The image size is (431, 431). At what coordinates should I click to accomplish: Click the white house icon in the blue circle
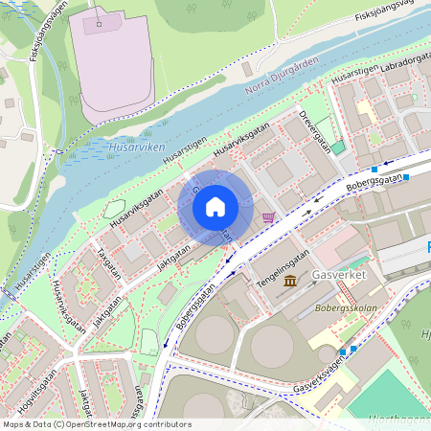[x=215, y=206]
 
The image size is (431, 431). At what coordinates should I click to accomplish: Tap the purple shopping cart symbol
[x=268, y=217]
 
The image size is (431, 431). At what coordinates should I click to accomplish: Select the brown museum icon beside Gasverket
[x=289, y=280]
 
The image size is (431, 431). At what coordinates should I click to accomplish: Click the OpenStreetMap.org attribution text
[x=126, y=424]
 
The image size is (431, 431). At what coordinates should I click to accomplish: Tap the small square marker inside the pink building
[x=98, y=22]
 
